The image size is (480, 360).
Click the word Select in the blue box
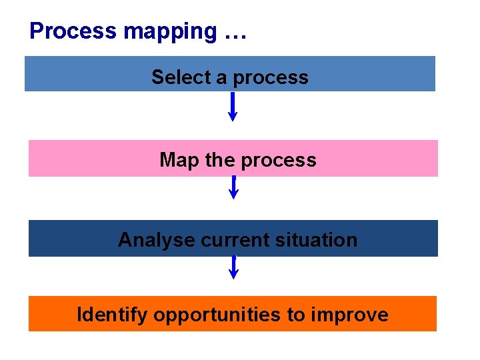[181, 77]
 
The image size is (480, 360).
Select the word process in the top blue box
[271, 78]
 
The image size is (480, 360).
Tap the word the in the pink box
[215, 160]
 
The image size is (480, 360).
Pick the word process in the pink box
[278, 161]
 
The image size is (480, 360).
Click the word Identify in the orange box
[111, 315]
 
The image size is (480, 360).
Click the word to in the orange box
[296, 315]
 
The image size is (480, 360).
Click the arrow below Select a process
[233, 107]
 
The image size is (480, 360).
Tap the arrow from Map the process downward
[233, 187]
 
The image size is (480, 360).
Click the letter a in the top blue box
[221, 78]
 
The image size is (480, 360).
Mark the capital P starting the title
[36, 31]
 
